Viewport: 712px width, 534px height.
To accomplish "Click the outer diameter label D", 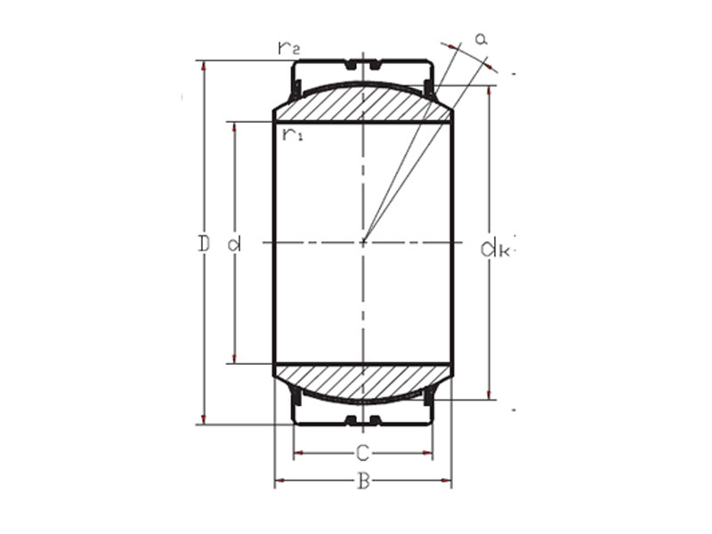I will pyautogui.click(x=204, y=243).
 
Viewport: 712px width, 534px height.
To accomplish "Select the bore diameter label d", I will pyautogui.click(x=235, y=243).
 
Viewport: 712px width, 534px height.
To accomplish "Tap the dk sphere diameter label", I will pyautogui.click(x=494, y=248).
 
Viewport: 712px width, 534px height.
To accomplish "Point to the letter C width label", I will pyautogui.click(x=362, y=452).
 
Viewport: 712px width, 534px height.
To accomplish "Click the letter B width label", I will pyautogui.click(x=363, y=481).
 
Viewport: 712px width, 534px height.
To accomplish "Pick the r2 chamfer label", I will pyautogui.click(x=288, y=48).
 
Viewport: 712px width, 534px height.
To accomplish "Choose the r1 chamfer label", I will pyautogui.click(x=292, y=134).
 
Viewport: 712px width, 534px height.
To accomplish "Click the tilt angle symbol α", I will pyautogui.click(x=481, y=38).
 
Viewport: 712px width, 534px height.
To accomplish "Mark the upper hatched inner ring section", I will pyautogui.click(x=362, y=103).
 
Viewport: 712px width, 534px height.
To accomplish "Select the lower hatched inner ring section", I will pyautogui.click(x=362, y=381).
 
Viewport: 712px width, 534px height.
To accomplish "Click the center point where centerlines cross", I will pyautogui.click(x=363, y=242).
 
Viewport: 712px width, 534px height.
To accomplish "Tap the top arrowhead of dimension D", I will pyautogui.click(x=204, y=65).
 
